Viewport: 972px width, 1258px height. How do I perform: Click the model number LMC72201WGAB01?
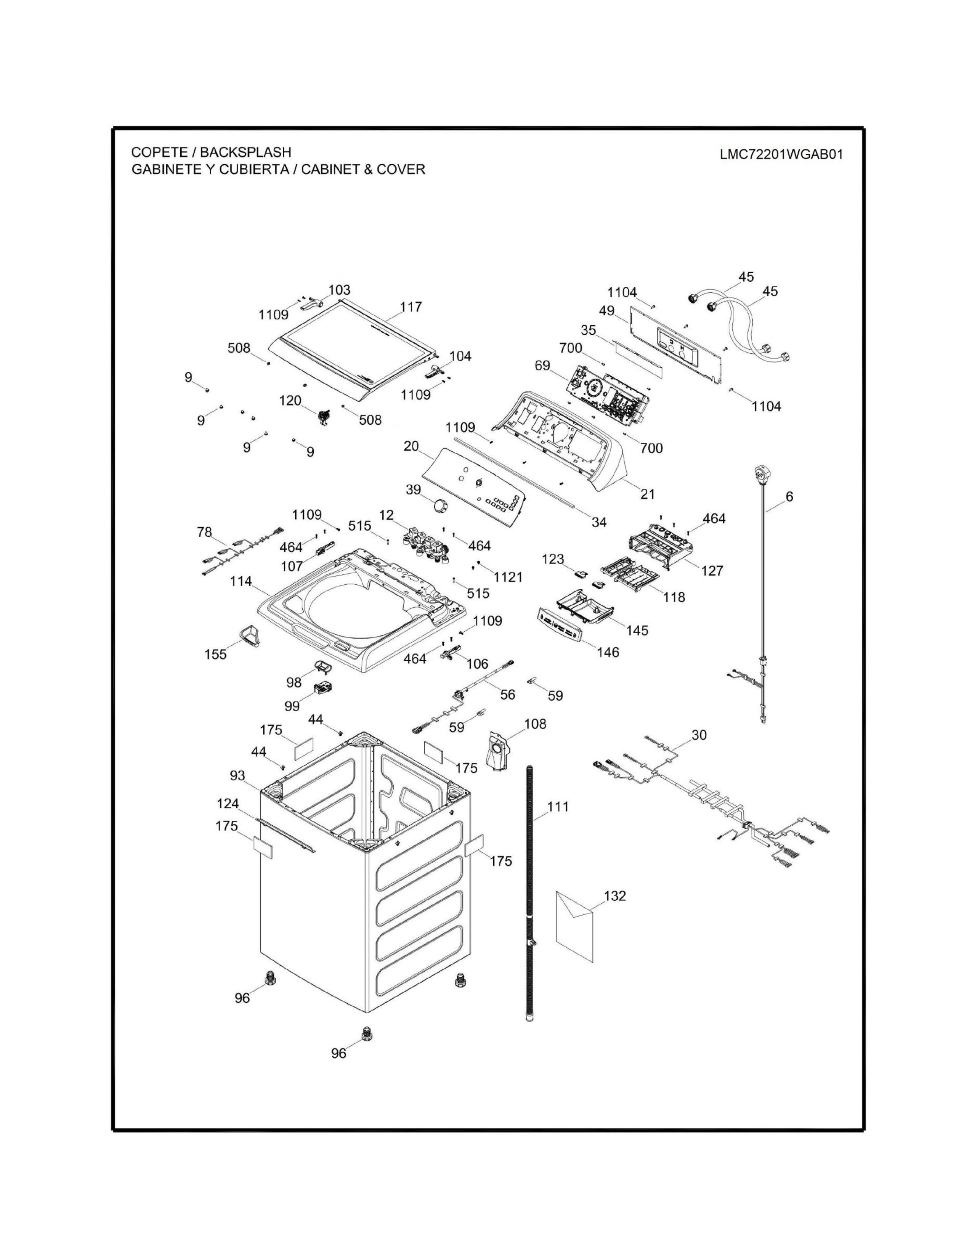point(781,154)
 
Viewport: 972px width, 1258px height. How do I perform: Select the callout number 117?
point(411,307)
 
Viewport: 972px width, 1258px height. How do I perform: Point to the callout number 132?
point(614,896)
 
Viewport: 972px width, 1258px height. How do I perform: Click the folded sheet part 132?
point(574,928)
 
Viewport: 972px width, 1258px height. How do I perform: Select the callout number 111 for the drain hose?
point(557,806)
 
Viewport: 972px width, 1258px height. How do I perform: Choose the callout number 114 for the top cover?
point(241,581)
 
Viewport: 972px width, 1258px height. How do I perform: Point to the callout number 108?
point(535,724)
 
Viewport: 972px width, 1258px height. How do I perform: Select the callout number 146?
point(608,652)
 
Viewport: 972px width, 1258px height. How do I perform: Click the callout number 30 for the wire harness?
point(698,735)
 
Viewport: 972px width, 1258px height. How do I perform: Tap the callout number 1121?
point(508,576)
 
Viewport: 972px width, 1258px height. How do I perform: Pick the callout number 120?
point(290,400)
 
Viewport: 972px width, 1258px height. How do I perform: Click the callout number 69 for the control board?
point(542,365)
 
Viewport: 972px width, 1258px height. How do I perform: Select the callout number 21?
point(648,494)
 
